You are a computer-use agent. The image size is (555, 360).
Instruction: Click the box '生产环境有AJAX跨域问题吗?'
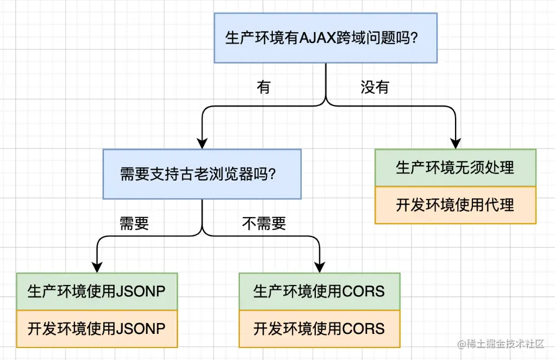(x=325, y=38)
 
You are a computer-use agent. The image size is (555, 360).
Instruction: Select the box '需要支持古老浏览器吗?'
(x=202, y=174)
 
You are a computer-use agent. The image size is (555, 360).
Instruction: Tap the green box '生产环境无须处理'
(x=455, y=167)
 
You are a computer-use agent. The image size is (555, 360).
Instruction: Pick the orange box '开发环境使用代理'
(x=455, y=205)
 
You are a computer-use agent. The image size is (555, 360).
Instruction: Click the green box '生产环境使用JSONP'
(x=97, y=291)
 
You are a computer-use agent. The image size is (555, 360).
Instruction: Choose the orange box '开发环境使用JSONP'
(x=97, y=328)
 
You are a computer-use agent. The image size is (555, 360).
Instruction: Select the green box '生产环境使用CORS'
(x=319, y=291)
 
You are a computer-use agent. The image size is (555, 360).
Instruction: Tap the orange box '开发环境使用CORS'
(x=319, y=328)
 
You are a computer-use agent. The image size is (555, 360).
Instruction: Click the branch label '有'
(x=264, y=87)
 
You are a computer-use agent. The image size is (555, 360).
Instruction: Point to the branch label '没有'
(x=375, y=87)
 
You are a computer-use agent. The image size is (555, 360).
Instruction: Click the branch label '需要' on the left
(x=134, y=224)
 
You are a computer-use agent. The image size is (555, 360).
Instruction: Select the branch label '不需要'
(x=264, y=224)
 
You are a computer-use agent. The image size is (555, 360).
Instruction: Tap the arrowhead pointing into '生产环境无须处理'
(x=456, y=143)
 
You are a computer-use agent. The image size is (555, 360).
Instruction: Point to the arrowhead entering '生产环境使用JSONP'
(x=97, y=266)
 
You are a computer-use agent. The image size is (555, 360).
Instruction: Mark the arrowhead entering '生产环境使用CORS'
(x=319, y=266)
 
